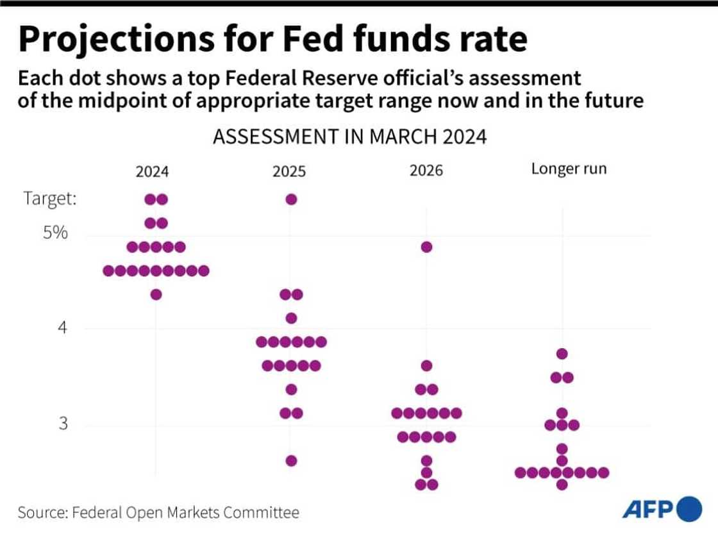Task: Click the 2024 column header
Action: point(152,172)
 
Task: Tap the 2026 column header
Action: point(426,172)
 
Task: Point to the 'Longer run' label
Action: point(569,170)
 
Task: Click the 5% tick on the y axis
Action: point(55,233)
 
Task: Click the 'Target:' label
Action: point(50,199)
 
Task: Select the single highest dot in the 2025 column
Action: point(291,199)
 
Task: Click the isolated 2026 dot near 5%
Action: point(427,247)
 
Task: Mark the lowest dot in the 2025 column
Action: point(291,460)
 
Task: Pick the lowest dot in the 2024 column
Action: point(156,294)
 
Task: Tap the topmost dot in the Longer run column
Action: point(562,353)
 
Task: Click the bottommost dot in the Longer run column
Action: point(562,484)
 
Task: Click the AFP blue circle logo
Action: point(689,509)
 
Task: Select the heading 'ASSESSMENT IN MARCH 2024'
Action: point(349,138)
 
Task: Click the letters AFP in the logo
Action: point(647,510)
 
